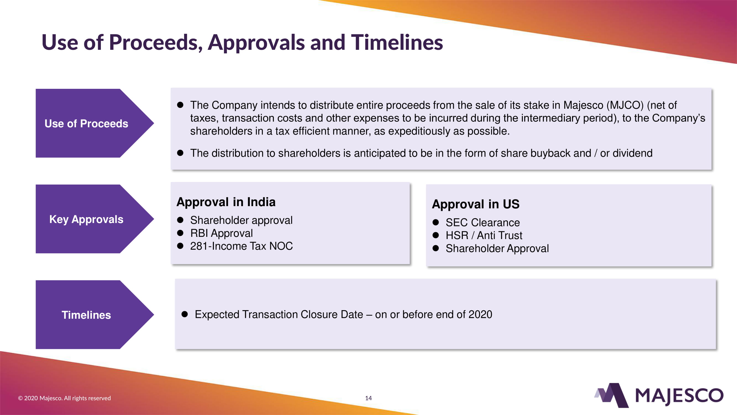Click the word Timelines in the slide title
(397, 42)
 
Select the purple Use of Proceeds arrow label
(95, 123)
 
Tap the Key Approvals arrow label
(95, 219)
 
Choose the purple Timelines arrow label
(95, 315)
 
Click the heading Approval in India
(226, 202)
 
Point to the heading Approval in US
(476, 204)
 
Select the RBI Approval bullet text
(221, 234)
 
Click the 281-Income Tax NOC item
(242, 246)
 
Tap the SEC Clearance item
(483, 222)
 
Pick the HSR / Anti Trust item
(484, 235)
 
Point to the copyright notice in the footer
(64, 398)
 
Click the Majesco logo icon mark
(612, 395)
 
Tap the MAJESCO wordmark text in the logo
(679, 396)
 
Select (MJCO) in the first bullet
(625, 105)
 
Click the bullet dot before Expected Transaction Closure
(185, 315)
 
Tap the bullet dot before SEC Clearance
(436, 222)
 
